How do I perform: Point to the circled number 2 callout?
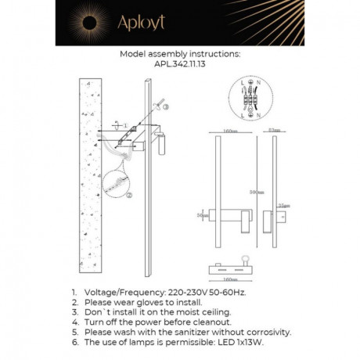click(129, 195)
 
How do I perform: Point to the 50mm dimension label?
click(203, 214)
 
